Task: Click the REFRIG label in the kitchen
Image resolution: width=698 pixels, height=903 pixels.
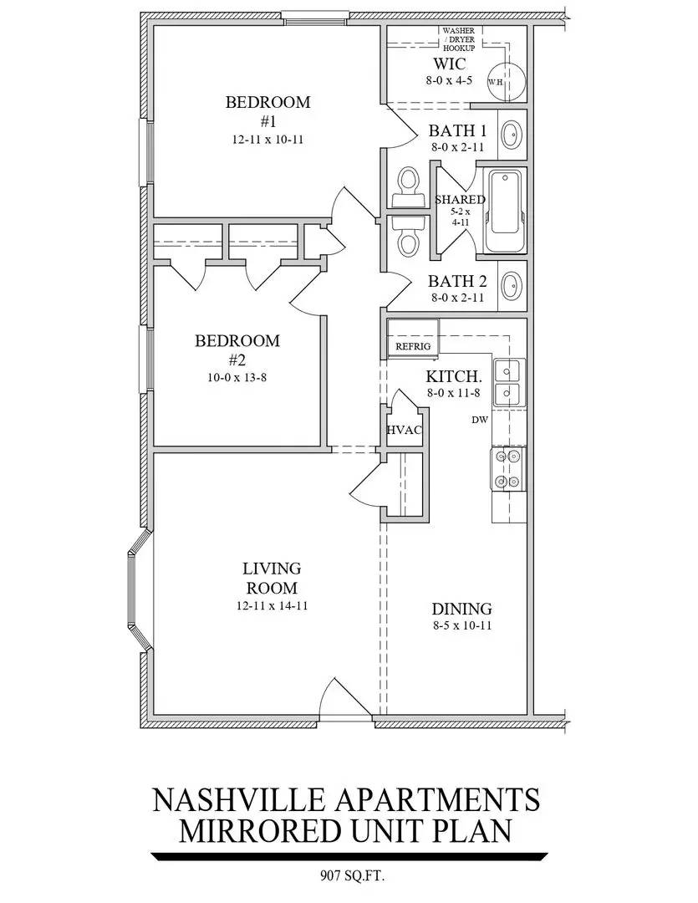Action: click(413, 347)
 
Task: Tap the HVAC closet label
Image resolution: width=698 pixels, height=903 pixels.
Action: click(405, 431)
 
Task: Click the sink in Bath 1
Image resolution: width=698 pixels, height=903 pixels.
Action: click(510, 135)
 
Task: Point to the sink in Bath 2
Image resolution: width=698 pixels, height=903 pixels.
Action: click(510, 286)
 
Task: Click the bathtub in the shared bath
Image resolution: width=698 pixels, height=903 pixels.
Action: click(505, 211)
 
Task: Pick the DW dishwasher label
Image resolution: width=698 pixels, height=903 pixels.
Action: click(480, 420)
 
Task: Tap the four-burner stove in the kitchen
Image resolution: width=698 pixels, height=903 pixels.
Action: click(508, 469)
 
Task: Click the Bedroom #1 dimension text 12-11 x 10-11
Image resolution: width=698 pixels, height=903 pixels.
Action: click(267, 140)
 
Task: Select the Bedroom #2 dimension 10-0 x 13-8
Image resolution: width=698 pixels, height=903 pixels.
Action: click(237, 378)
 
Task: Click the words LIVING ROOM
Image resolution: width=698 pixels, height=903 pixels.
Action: click(272, 579)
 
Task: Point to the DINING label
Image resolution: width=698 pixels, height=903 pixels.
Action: click(462, 609)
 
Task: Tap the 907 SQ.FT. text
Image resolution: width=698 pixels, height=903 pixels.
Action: click(352, 876)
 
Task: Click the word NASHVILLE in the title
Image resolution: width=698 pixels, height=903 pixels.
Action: click(239, 800)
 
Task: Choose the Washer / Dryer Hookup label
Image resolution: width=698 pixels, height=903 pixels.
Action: click(459, 39)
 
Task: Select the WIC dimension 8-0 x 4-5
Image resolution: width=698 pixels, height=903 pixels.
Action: click(449, 80)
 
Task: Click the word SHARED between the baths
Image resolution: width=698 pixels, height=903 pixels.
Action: click(460, 200)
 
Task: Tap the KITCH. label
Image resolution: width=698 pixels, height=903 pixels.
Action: click(454, 376)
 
